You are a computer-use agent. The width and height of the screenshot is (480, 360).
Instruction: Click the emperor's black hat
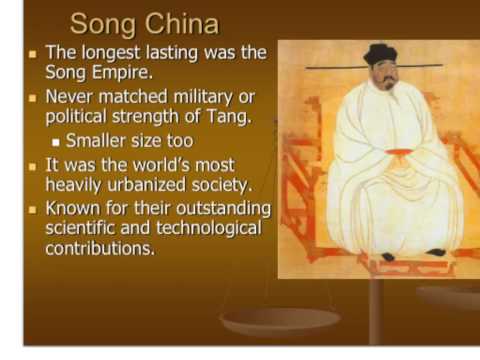click(380, 55)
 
